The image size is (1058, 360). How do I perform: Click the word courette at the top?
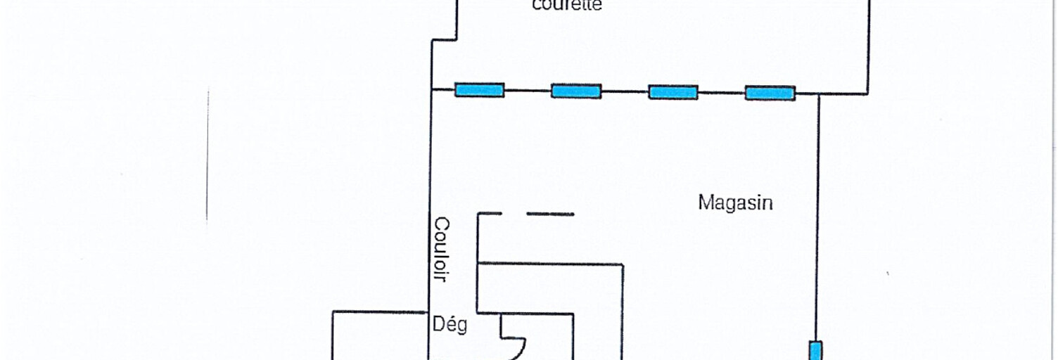[x=567, y=6]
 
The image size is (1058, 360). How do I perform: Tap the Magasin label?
[x=735, y=203]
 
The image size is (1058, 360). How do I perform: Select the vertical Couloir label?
[x=441, y=249]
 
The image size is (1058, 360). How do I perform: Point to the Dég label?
[x=450, y=326]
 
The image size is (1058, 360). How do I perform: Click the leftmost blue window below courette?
[x=479, y=90]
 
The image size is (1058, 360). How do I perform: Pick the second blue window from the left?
[x=575, y=91]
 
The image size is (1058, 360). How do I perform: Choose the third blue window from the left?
[x=673, y=91]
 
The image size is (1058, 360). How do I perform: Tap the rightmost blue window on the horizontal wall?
[x=770, y=93]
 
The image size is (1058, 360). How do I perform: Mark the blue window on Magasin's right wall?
[x=815, y=350]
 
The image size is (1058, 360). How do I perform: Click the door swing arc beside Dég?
[x=519, y=349]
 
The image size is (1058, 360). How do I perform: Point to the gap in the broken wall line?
[x=514, y=213]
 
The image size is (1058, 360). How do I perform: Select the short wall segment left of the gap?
[x=490, y=213]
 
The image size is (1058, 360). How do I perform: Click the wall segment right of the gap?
[x=550, y=214]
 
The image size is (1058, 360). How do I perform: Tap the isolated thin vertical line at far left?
[x=207, y=155]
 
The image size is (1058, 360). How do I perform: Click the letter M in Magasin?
[x=704, y=202]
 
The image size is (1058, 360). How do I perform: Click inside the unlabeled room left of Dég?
[x=380, y=337]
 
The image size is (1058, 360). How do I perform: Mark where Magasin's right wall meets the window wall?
[x=818, y=94]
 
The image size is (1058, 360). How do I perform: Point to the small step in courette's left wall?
[x=444, y=39]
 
